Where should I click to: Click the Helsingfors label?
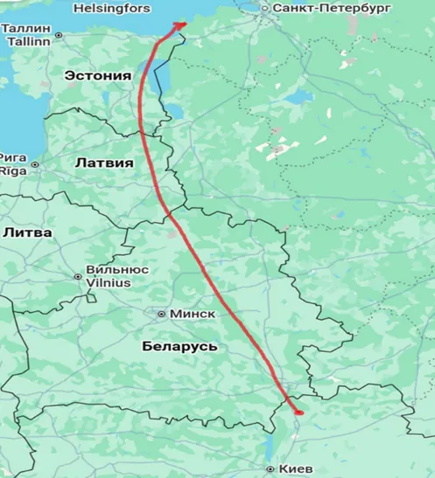[x=113, y=9]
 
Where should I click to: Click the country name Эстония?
[x=98, y=76]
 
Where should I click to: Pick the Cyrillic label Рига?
[x=14, y=157]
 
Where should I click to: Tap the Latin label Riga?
[x=13, y=170]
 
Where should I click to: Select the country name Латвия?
[x=104, y=163]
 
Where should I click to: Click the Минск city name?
[x=189, y=314]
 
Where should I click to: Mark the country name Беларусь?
[x=179, y=347]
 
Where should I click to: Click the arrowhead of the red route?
[x=180, y=24]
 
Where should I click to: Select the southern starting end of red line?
[x=298, y=412]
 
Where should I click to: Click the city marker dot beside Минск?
[x=161, y=314]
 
